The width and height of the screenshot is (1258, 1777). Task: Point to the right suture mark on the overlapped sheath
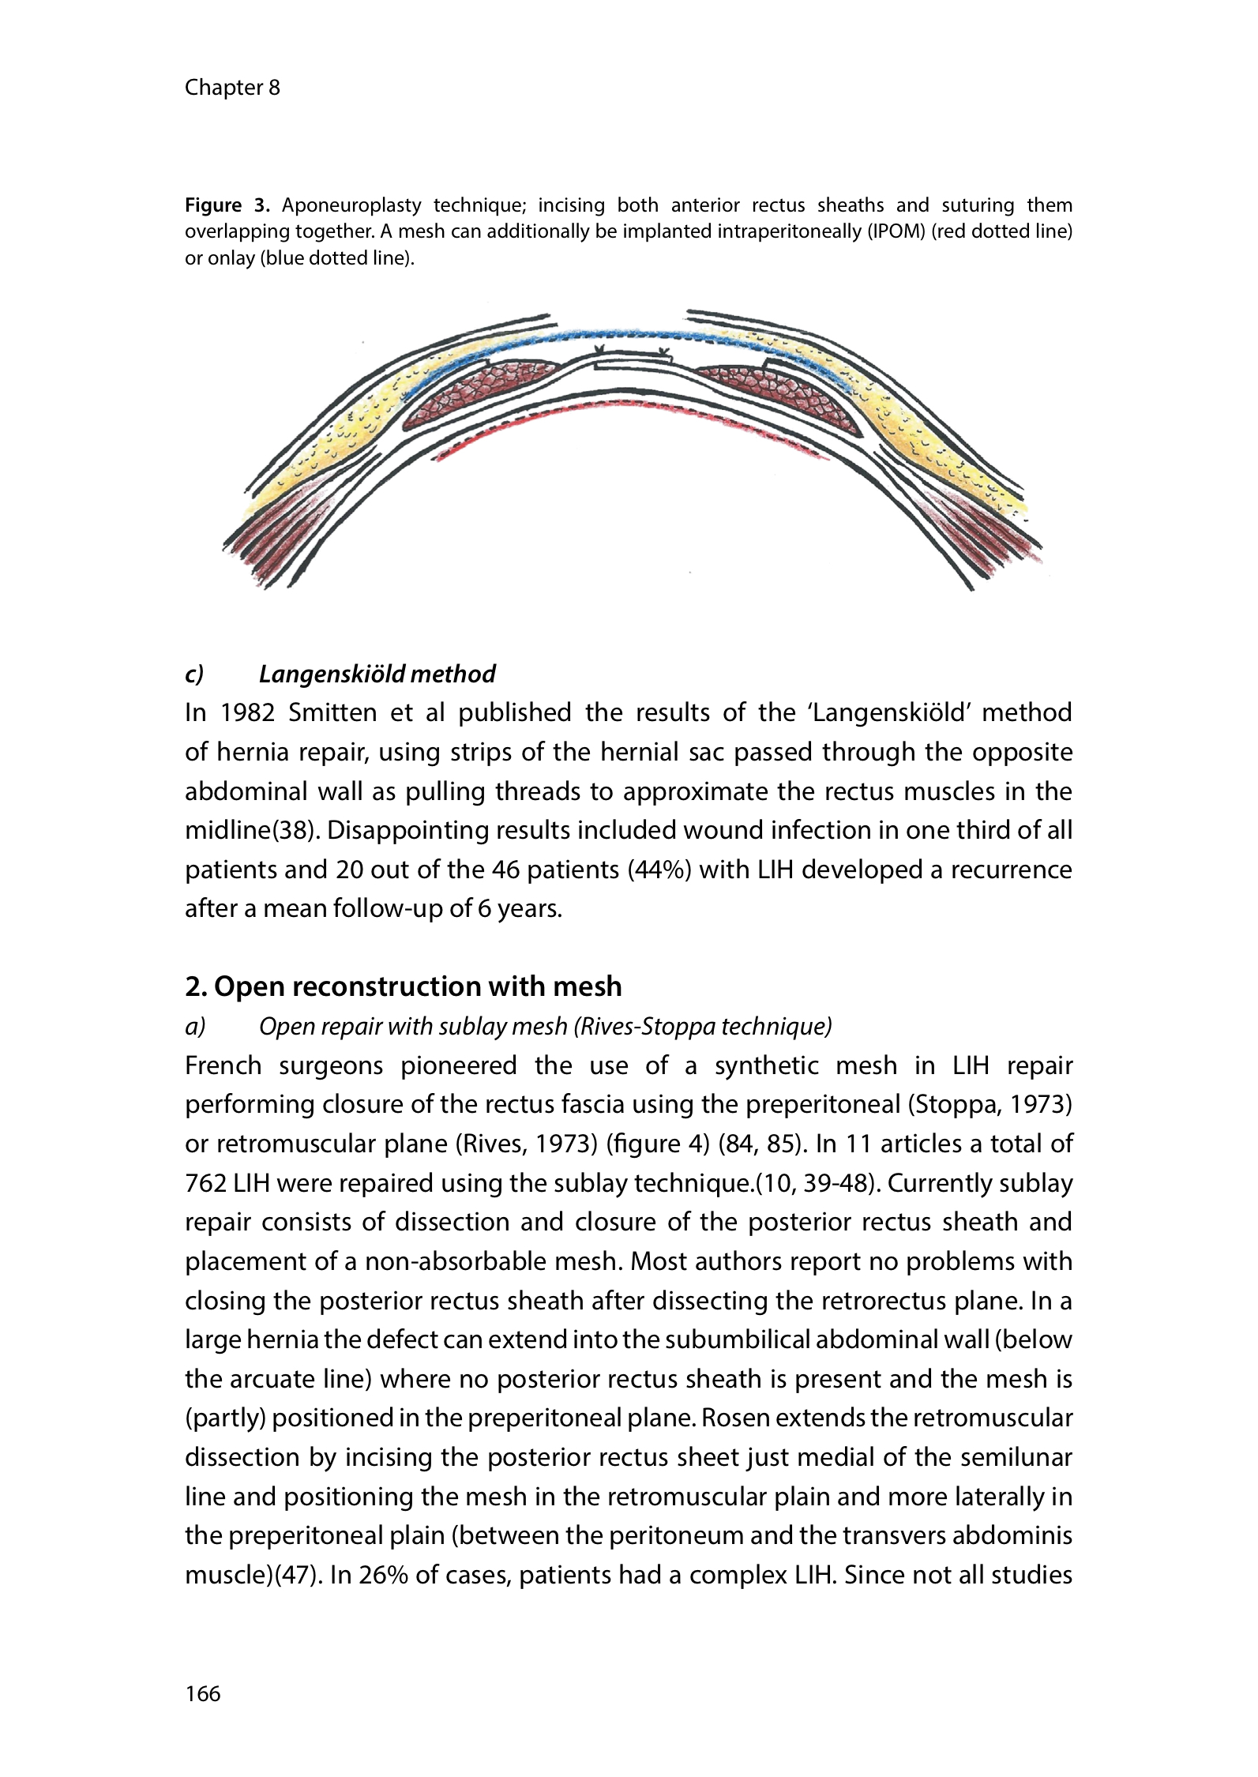click(664, 350)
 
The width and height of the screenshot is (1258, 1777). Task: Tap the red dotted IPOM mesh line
click(632, 407)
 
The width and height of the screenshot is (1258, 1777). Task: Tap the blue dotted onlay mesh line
click(632, 336)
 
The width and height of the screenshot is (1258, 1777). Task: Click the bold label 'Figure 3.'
click(227, 206)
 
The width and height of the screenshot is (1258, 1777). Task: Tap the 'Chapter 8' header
click(232, 88)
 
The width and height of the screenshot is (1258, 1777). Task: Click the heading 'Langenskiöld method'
click(377, 674)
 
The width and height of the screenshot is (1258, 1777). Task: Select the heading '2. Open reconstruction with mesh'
click(403, 986)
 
